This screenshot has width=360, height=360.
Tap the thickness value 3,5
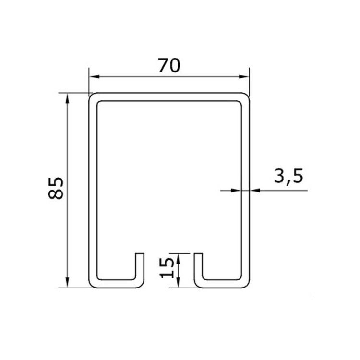pos(288,177)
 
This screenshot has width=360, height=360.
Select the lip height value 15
pos(166,268)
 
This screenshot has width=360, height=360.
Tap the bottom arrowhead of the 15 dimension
pos(178,283)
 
